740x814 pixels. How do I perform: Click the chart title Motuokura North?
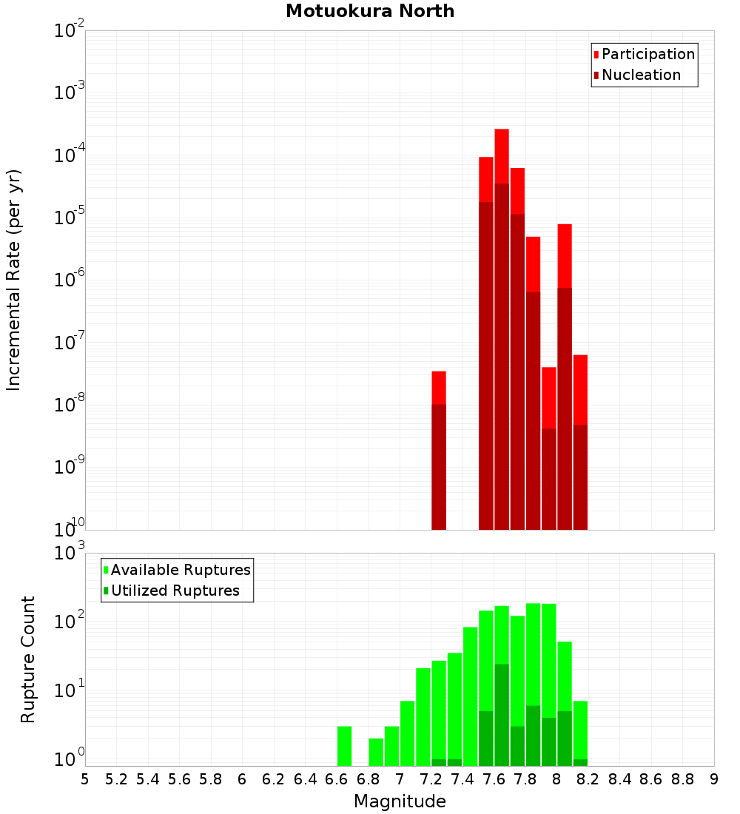click(x=370, y=11)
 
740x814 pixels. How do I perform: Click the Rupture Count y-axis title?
click(x=28, y=659)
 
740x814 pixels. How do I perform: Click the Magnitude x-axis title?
click(x=400, y=801)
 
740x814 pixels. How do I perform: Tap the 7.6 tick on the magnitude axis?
click(x=494, y=779)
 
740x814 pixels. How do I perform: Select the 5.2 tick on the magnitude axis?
click(x=117, y=779)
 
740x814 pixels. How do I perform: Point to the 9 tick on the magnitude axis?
click(x=714, y=779)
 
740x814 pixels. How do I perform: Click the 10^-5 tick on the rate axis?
click(x=69, y=218)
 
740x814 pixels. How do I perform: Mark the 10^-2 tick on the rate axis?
click(x=69, y=31)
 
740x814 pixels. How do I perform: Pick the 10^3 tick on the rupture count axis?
click(x=69, y=554)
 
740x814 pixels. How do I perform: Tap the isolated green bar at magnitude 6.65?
click(x=345, y=746)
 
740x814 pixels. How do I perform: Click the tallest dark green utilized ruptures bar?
click(x=502, y=714)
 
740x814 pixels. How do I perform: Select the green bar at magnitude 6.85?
click(x=376, y=752)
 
